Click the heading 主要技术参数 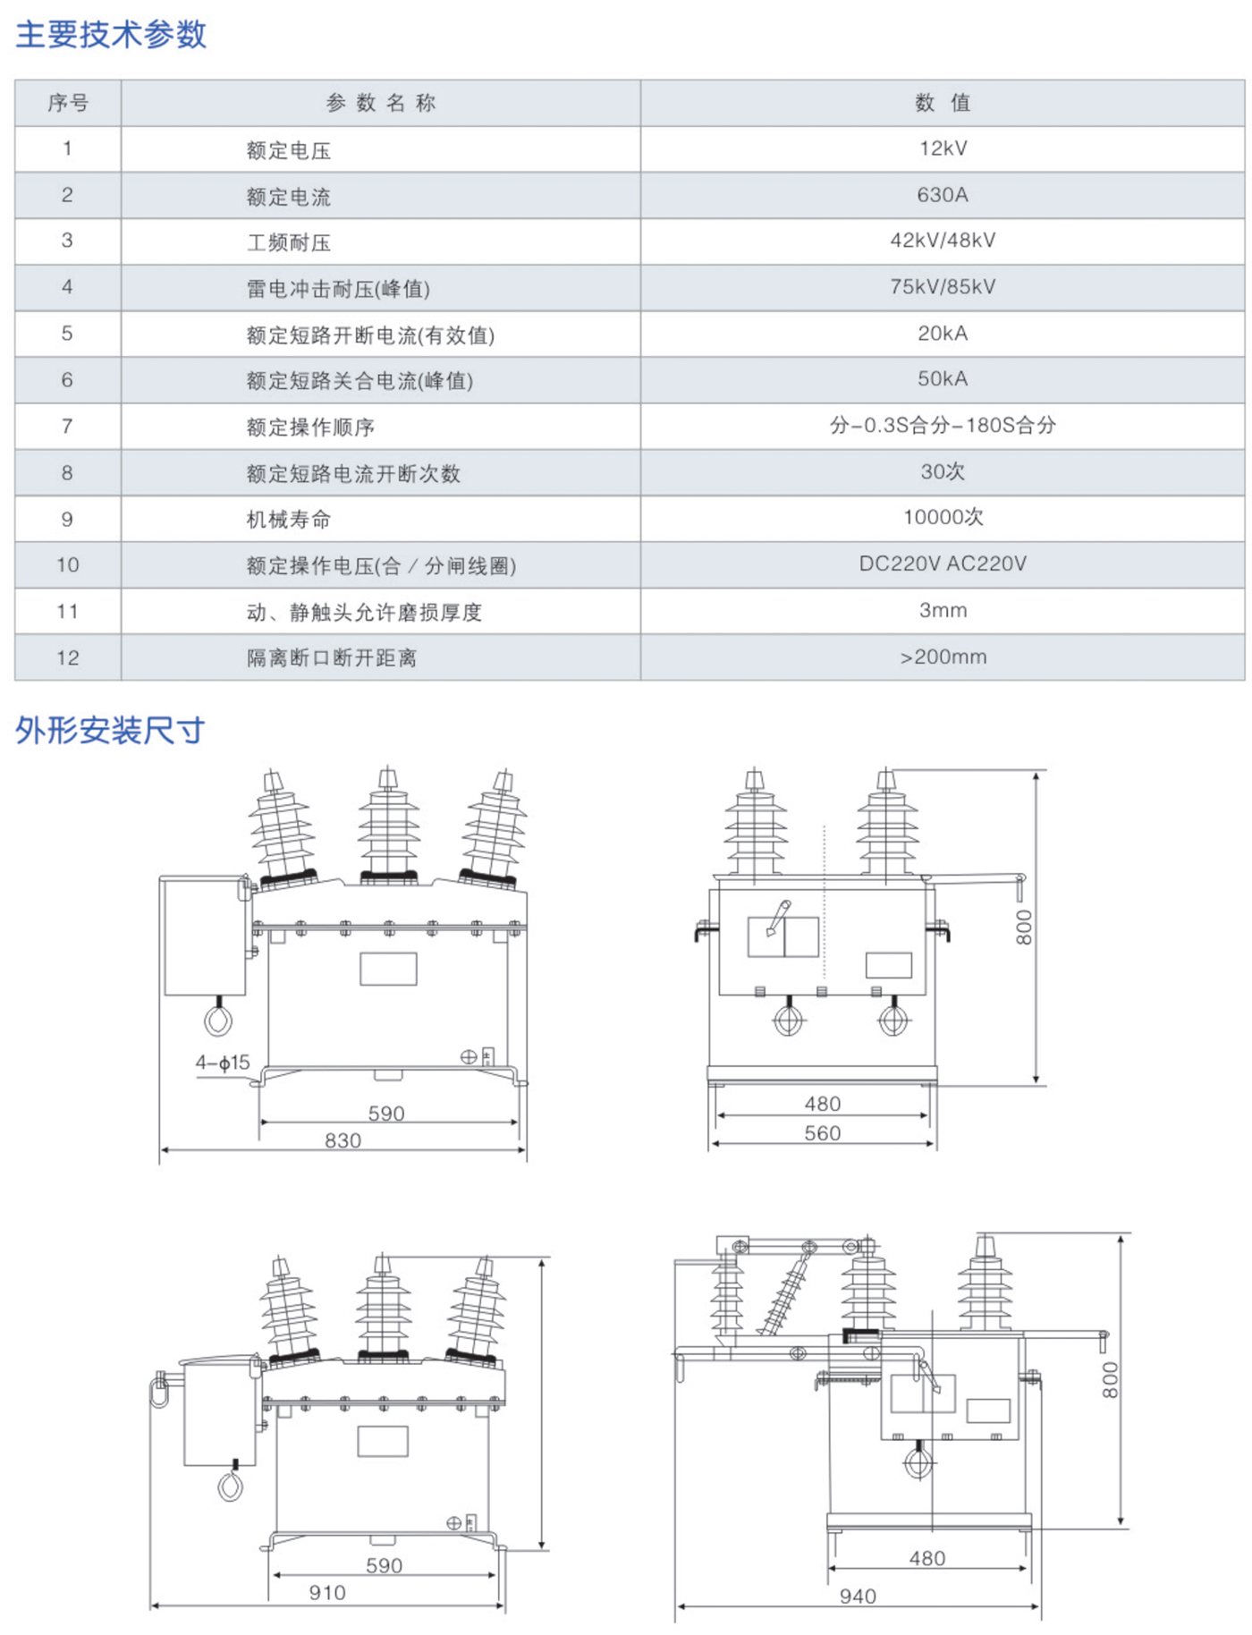pos(111,34)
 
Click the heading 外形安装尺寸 pos(110,731)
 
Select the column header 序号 pos(68,103)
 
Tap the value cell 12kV pos(943,148)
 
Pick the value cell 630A pos(943,195)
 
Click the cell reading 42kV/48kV pos(943,241)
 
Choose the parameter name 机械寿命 pos(288,520)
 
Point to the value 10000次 pos(943,517)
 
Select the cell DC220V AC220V pos(943,563)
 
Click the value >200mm pos(943,657)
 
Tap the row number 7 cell pos(67,426)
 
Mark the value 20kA pos(943,334)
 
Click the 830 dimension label pos(343,1140)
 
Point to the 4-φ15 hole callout pos(223,1063)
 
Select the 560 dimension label pos(822,1133)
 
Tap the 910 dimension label pos(327,1593)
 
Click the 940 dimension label pos(858,1597)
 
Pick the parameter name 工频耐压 pos(288,242)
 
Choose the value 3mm pos(943,610)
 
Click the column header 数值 pos(943,103)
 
